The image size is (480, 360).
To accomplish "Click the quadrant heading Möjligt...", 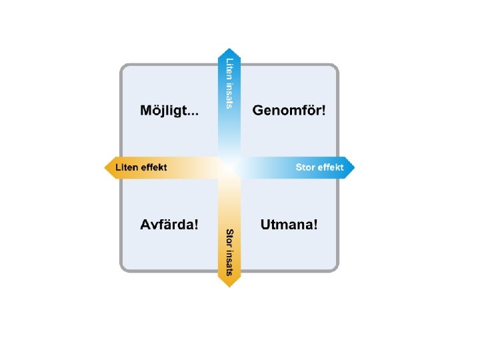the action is pyautogui.click(x=169, y=111).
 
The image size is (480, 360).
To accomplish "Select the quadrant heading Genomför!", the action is pyautogui.click(x=289, y=110).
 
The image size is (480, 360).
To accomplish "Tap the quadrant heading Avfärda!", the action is pyautogui.click(x=169, y=224).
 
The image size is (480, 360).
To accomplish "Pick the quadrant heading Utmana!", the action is pyautogui.click(x=289, y=224).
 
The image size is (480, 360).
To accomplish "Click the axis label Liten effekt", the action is pyautogui.click(x=141, y=167).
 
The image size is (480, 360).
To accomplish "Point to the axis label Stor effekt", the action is pyautogui.click(x=319, y=167).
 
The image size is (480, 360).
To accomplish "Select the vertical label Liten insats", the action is pyautogui.click(x=229, y=83).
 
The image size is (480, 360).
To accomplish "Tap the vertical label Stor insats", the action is pyautogui.click(x=229, y=252).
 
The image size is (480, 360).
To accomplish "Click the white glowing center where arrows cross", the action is pyautogui.click(x=229, y=167).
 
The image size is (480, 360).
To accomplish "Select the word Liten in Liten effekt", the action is pyautogui.click(x=127, y=167).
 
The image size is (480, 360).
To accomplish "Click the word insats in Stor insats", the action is pyautogui.click(x=229, y=261).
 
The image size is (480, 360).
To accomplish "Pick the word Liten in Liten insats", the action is pyautogui.click(x=229, y=68).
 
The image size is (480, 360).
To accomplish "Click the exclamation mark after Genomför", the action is pyautogui.click(x=324, y=110).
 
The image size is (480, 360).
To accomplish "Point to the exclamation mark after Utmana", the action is pyautogui.click(x=315, y=224).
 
